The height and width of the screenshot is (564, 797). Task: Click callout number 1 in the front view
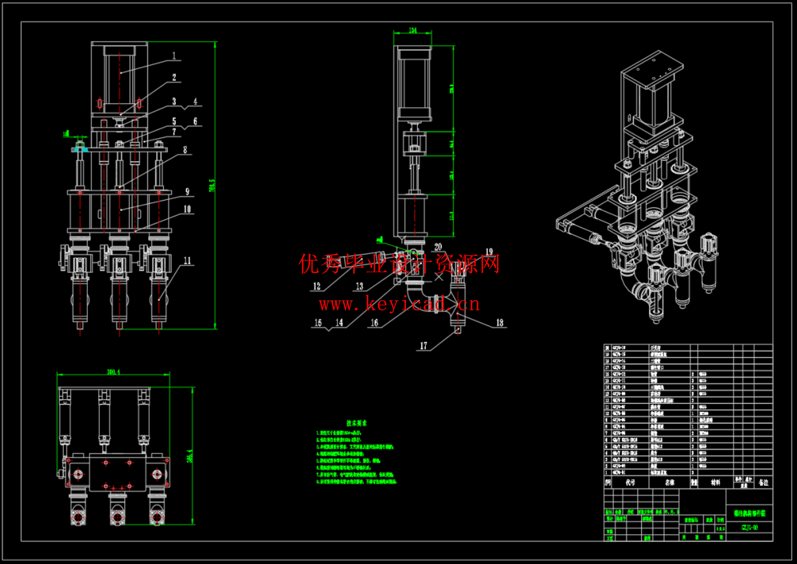click(174, 56)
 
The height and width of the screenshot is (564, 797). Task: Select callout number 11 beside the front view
click(188, 261)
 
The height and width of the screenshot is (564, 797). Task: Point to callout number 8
click(185, 150)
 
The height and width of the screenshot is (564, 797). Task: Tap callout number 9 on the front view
click(188, 192)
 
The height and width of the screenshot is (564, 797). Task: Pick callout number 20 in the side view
click(438, 247)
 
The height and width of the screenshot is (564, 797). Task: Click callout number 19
click(489, 252)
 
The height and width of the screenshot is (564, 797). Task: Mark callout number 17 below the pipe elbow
click(424, 346)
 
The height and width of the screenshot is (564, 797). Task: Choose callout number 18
click(500, 323)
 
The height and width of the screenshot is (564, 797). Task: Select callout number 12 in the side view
click(317, 287)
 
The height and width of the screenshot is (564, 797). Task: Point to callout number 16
click(375, 323)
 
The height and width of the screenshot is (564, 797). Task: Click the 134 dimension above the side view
click(413, 30)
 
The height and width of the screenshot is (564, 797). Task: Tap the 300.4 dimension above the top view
click(113, 372)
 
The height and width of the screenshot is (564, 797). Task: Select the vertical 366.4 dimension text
click(190, 456)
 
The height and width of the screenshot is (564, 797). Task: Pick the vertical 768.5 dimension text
click(212, 185)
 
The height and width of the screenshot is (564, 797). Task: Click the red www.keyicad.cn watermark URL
click(399, 304)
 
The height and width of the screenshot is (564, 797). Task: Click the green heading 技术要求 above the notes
click(357, 423)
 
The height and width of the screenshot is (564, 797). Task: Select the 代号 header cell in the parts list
click(630, 483)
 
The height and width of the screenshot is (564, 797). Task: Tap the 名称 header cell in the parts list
click(669, 483)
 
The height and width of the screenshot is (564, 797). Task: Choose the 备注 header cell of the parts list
click(763, 483)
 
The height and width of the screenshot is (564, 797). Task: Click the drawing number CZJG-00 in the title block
click(750, 528)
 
